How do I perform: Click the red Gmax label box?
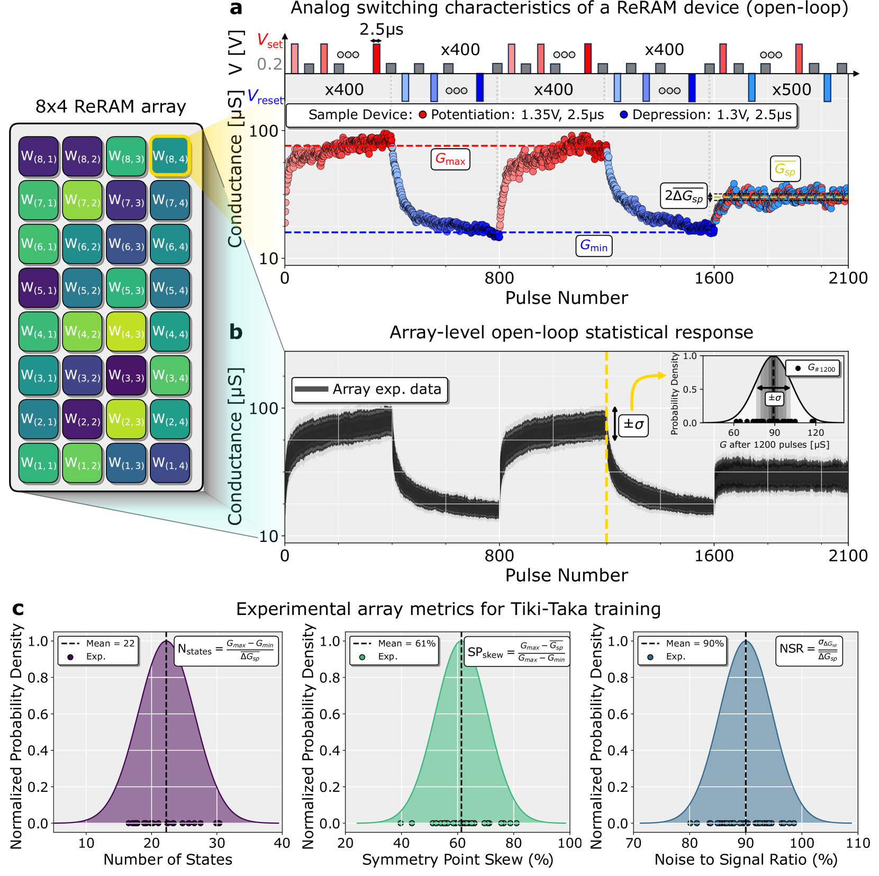click(450, 159)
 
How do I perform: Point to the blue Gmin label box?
click(593, 246)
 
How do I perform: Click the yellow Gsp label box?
click(785, 169)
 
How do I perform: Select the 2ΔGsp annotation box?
click(684, 196)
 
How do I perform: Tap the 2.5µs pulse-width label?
click(381, 30)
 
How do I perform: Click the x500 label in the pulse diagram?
click(791, 89)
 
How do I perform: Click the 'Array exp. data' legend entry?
click(370, 390)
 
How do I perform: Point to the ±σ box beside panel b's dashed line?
click(633, 424)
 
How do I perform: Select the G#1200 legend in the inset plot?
click(814, 368)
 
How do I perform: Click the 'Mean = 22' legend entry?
click(98, 644)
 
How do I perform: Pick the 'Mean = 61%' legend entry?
click(394, 644)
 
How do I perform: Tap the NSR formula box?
click(809, 651)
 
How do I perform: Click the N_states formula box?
click(226, 651)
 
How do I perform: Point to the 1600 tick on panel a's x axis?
click(714, 278)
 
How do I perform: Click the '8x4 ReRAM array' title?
click(111, 107)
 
